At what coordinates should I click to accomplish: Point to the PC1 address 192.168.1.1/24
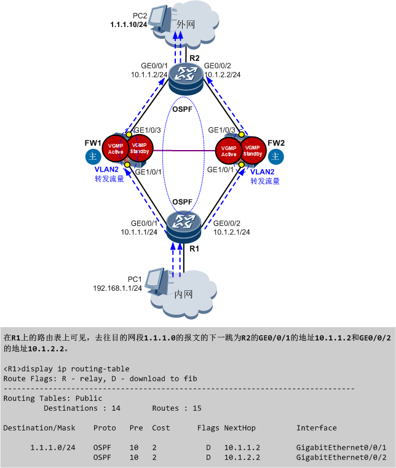(x=117, y=288)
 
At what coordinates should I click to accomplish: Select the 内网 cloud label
(x=184, y=295)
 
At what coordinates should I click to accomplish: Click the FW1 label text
(x=93, y=143)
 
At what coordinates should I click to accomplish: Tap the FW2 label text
(x=276, y=143)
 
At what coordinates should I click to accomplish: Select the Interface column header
(x=316, y=427)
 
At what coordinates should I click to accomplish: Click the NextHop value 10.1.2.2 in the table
(x=242, y=457)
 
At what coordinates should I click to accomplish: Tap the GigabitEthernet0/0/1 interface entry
(x=341, y=447)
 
